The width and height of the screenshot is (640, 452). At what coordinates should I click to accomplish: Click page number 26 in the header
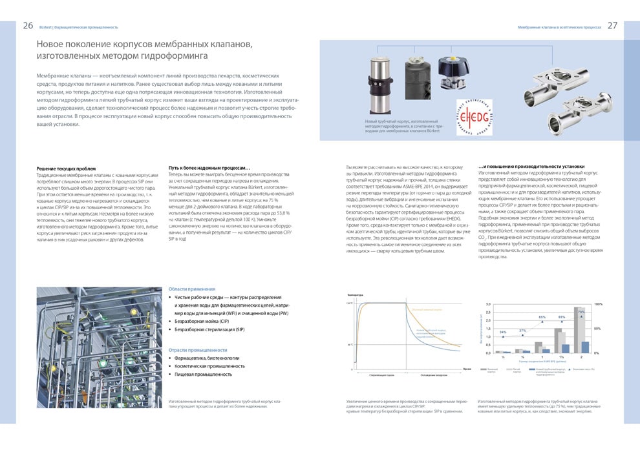pyautogui.click(x=28, y=26)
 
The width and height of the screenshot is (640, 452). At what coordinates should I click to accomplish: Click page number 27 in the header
pyautogui.click(x=612, y=26)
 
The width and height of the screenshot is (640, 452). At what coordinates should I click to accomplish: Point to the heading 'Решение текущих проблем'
pyautogui.click(x=66, y=168)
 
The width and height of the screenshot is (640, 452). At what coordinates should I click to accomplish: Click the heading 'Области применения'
pyautogui.click(x=191, y=289)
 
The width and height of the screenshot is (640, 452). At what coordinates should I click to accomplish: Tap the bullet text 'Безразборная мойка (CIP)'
pyautogui.click(x=202, y=321)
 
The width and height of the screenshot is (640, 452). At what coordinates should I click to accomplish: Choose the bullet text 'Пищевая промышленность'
pyautogui.click(x=203, y=374)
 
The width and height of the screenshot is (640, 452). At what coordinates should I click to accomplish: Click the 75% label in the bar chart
pyautogui.click(x=581, y=312)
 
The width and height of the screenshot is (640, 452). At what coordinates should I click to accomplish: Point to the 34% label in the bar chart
pyautogui.click(x=503, y=332)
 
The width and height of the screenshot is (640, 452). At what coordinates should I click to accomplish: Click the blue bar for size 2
pyautogui.click(x=585, y=347)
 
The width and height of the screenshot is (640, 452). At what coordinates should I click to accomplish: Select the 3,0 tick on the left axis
pyautogui.click(x=488, y=303)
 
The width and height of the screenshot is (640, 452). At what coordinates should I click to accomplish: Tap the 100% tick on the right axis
pyautogui.click(x=598, y=303)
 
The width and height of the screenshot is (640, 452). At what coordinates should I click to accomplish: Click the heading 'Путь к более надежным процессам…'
pyautogui.click(x=209, y=168)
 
